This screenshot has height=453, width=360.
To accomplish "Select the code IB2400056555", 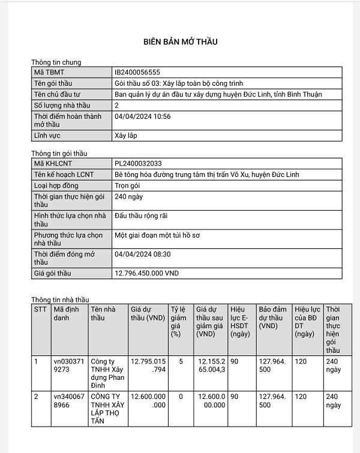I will point(137,73).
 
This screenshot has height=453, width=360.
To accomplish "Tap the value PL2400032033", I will point(138,163).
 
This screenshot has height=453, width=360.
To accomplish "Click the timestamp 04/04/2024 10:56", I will point(142,116).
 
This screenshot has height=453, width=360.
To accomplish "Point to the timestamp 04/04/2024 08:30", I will point(142,254).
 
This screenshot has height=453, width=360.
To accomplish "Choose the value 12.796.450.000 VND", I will point(146,274).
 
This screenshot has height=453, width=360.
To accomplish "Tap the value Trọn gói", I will point(129,185).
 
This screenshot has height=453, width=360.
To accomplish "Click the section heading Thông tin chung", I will point(56,62).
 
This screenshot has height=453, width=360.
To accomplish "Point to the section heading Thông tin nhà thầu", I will point(60,299).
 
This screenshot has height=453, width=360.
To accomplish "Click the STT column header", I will point(40,309).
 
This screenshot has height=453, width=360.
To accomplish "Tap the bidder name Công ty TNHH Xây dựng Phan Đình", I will point(107,373).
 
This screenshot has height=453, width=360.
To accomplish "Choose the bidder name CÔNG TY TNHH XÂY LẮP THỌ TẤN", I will point(106,409).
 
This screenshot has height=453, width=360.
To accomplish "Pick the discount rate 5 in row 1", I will point(180,362).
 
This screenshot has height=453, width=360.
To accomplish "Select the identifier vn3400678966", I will point(69,401).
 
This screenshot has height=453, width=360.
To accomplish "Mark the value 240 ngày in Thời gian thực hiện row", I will point(129,196).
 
